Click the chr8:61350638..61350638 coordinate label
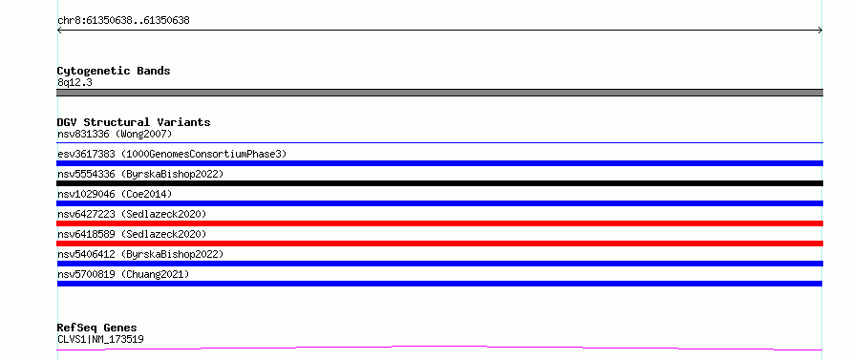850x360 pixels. [123, 21]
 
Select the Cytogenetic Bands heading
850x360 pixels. [114, 71]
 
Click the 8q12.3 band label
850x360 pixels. [74, 82]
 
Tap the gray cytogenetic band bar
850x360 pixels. [439, 93]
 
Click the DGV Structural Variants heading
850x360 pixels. [134, 122]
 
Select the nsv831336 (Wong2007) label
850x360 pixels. [115, 134]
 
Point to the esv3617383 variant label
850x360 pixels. [172, 154]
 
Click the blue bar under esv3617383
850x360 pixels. [439, 163]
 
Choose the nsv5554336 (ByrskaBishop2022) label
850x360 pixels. [140, 174]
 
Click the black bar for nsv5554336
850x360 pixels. [439, 183]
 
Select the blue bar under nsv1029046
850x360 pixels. [439, 203]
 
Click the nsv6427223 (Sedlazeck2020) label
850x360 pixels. [132, 214]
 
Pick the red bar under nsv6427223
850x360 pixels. [439, 223]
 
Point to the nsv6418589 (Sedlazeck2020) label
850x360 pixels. [132, 234]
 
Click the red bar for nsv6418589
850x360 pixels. [439, 244]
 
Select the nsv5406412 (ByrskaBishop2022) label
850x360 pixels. [140, 254]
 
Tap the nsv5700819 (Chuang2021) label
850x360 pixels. [123, 274]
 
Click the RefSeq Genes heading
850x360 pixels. [97, 328]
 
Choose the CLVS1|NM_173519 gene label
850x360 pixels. [100, 339]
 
